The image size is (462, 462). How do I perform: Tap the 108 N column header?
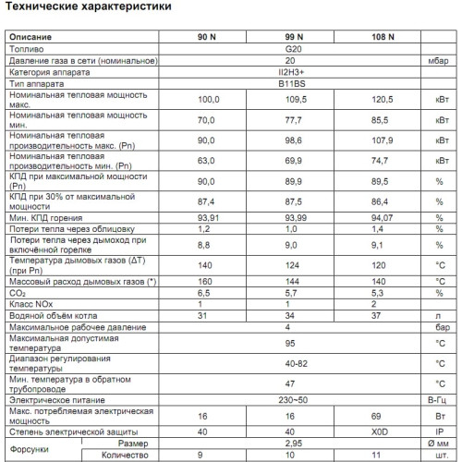383,36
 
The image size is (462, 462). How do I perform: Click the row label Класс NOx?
31,303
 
